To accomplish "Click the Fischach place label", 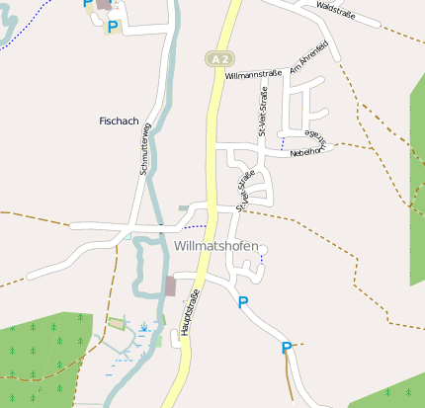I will coord(120,121).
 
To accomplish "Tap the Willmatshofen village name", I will coord(215,246).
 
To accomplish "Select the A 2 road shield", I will coord(218,58).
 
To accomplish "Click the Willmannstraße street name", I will coord(254,74).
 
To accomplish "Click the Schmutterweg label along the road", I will coord(145,148).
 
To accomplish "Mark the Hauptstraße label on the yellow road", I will coord(191,313).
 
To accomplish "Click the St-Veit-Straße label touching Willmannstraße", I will coord(263,111).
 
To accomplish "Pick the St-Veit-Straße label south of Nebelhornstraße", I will coord(245,188).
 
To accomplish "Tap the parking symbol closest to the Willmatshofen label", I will coord(243,302).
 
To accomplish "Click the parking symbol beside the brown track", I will coord(287,347).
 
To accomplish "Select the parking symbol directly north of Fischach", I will coord(112,27).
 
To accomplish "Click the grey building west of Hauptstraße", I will coord(170,286).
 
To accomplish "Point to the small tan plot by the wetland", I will coord(117,323).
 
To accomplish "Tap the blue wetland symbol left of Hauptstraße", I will coord(145,325).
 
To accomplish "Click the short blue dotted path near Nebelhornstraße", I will coord(282,144).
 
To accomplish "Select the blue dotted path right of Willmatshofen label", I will coord(261,258).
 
